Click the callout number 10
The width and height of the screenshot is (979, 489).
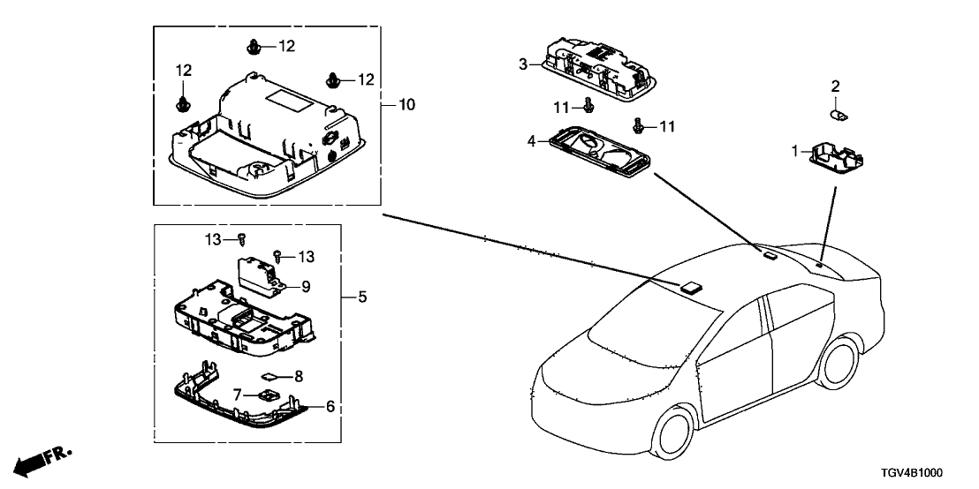click(x=406, y=105)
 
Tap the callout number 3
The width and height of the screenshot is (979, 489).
click(x=523, y=64)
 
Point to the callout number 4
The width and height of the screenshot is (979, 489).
click(x=532, y=139)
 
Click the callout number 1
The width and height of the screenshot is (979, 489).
click(x=794, y=152)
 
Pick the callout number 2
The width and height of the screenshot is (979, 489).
click(x=835, y=86)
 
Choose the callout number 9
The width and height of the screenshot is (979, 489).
click(x=307, y=286)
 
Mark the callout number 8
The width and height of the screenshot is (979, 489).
click(x=299, y=376)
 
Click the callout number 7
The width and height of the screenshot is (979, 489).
click(x=238, y=394)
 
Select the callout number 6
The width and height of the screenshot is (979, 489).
click(x=330, y=407)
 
